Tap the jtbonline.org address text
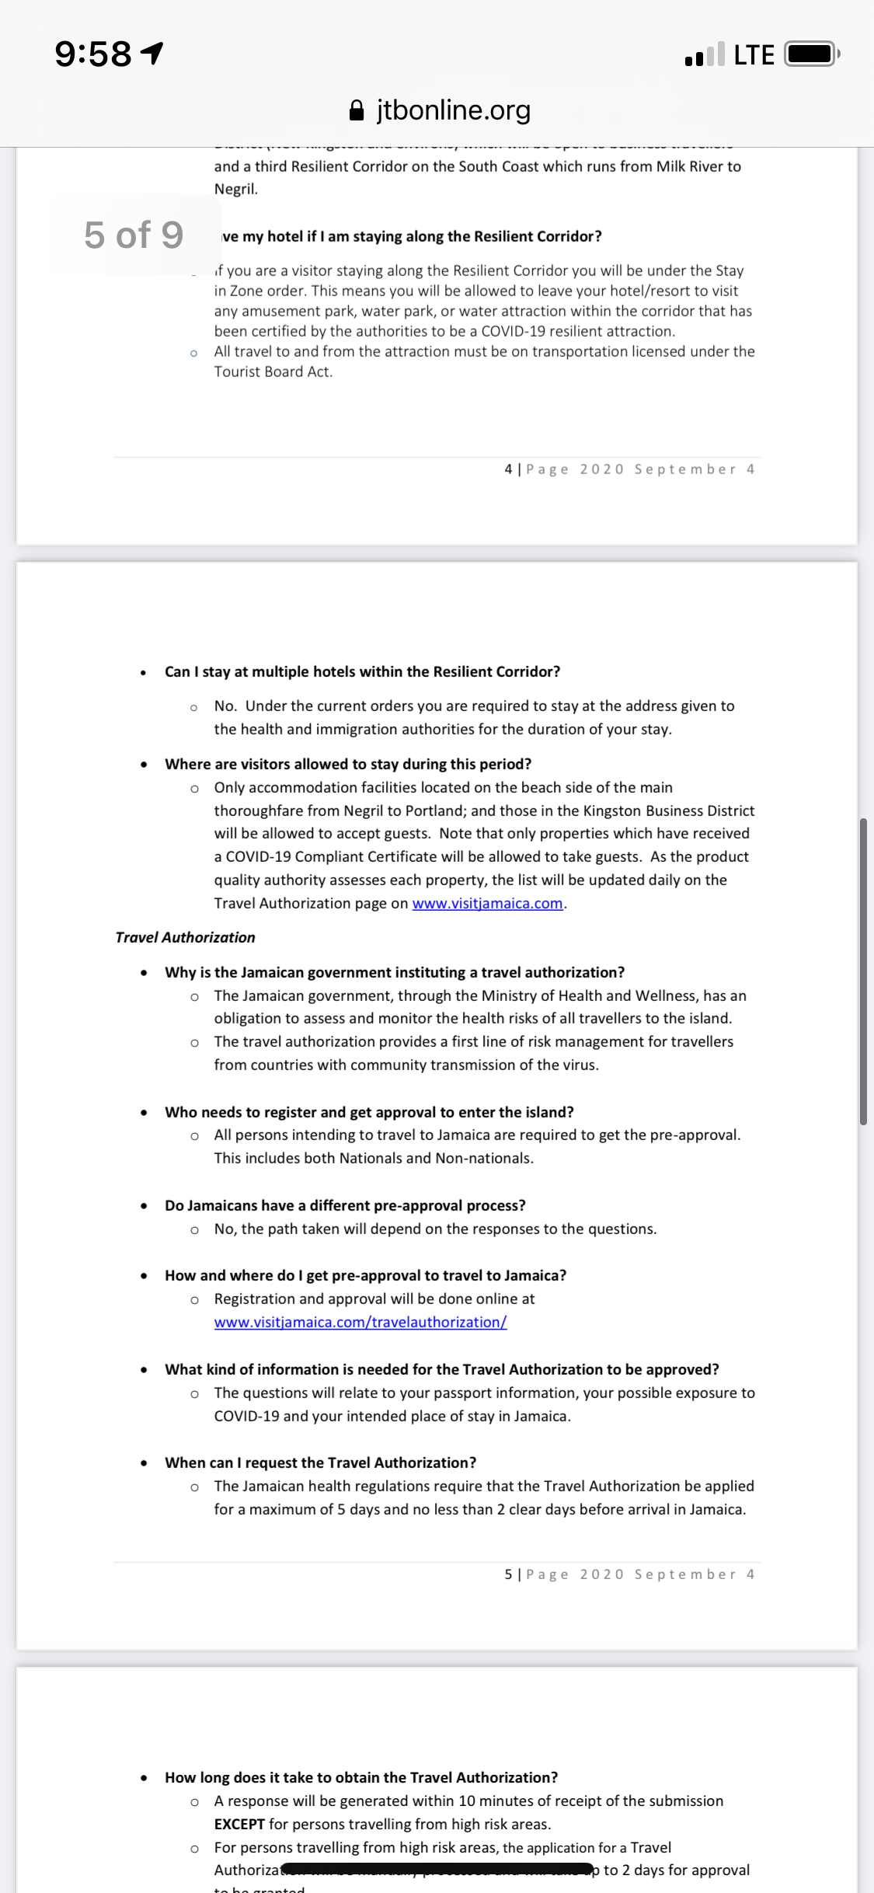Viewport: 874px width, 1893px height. point(454,110)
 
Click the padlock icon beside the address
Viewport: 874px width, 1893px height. point(357,110)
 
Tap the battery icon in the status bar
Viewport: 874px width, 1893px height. point(811,54)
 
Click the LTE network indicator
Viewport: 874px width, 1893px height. point(754,55)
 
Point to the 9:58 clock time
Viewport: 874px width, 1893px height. point(93,54)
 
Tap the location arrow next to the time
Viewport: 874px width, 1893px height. point(152,53)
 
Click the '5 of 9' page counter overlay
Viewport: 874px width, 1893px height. point(134,235)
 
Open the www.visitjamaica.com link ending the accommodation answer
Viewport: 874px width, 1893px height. point(487,903)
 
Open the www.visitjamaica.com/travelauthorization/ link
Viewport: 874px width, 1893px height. point(360,1322)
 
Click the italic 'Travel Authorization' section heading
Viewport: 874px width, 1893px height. point(185,937)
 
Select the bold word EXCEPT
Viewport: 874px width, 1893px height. point(239,1824)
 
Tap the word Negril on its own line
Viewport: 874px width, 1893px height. point(235,189)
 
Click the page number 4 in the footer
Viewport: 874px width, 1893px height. point(508,469)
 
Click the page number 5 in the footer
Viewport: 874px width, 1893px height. point(508,1574)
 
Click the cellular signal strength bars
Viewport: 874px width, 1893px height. point(705,54)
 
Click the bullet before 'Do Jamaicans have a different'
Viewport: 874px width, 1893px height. point(144,1206)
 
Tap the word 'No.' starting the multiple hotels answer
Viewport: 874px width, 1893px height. point(225,706)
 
